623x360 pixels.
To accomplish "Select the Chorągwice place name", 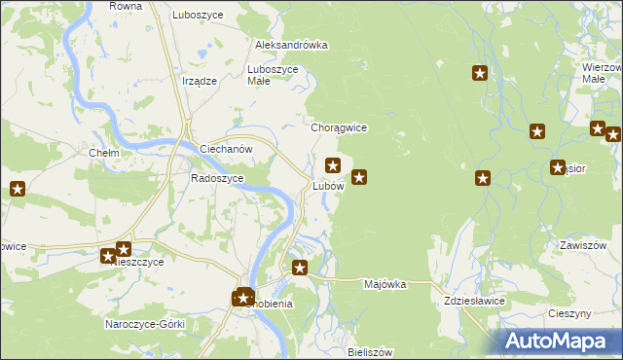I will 338,127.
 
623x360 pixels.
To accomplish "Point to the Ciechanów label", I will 226,149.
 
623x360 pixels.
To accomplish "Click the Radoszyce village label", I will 217,178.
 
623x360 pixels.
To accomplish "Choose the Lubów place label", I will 328,185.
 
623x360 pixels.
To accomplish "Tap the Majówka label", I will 384,285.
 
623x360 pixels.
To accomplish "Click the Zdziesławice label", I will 474,302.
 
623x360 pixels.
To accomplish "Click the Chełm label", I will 104,154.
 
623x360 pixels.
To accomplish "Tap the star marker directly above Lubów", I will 333,165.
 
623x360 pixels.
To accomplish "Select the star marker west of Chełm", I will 18,189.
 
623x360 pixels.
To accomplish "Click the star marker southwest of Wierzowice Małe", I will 536,131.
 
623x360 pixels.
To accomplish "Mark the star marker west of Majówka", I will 300,268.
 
